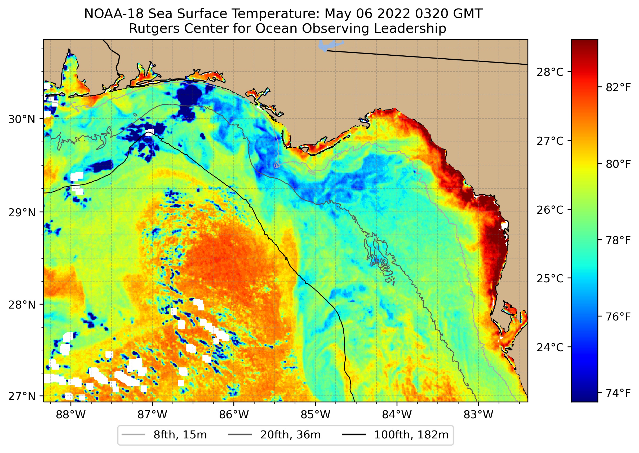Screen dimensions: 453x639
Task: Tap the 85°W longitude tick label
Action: (315, 415)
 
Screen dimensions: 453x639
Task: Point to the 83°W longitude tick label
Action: (478, 415)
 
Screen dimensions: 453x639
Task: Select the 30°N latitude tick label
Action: (22, 119)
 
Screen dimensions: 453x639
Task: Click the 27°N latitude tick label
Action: (22, 396)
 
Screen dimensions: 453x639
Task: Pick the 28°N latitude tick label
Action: (22, 305)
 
